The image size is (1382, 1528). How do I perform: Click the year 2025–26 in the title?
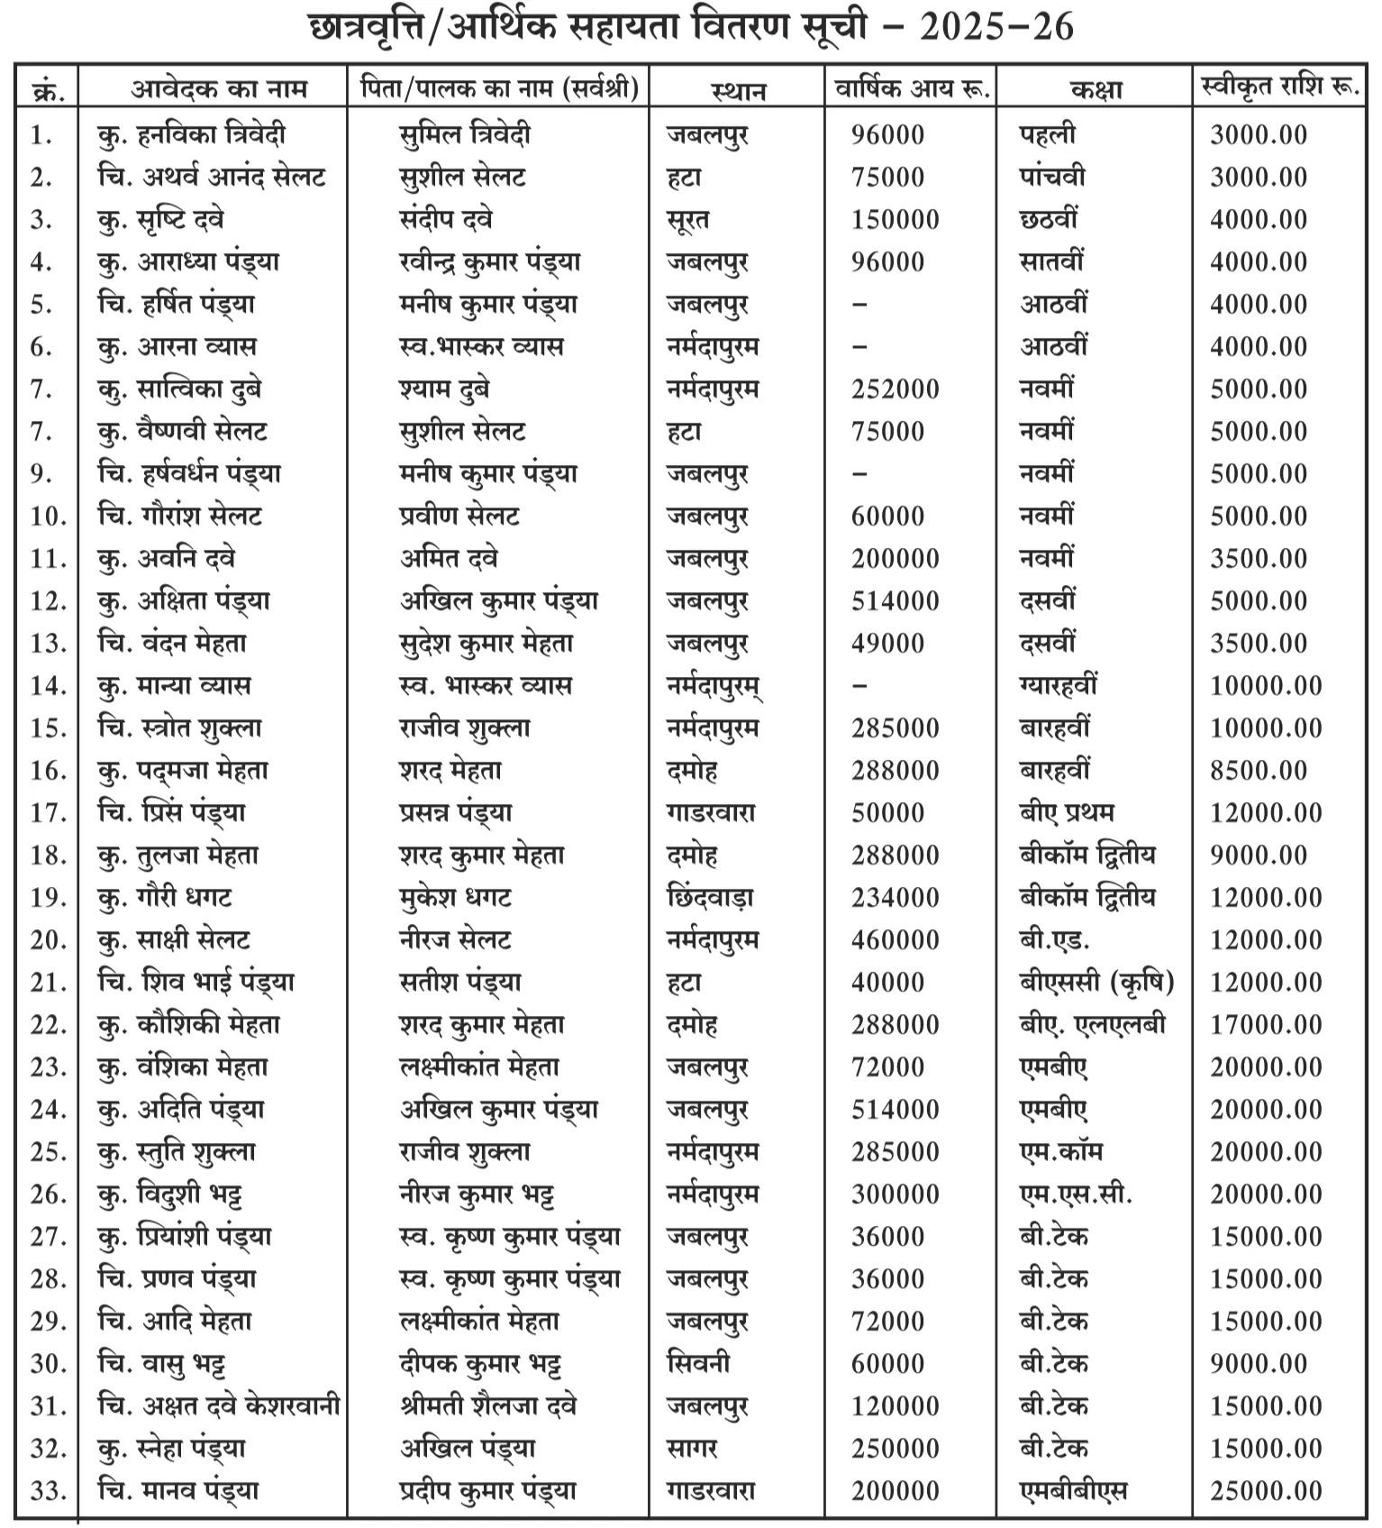coord(996,27)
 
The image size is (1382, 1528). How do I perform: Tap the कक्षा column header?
coord(1096,89)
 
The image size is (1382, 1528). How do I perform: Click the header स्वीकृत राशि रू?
coord(1280,87)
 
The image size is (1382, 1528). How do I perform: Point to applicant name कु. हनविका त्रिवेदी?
coord(191,135)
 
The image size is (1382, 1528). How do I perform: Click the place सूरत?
coord(687,220)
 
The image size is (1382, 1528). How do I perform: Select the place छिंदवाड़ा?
coord(709,898)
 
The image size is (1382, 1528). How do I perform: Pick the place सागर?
coord(691,1449)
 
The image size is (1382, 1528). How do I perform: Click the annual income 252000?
coord(895,389)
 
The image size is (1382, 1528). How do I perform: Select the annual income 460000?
coord(895,940)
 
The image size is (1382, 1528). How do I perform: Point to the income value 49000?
coord(887,644)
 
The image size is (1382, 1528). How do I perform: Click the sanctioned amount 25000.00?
coord(1266,1491)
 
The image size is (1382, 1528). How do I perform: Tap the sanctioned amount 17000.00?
coord(1266,1025)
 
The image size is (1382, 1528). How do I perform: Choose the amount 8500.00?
coord(1259,771)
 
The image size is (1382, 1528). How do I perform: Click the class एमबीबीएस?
coord(1072,1491)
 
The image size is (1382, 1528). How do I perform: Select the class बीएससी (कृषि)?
coord(1096,983)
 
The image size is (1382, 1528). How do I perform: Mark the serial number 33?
coord(48,1491)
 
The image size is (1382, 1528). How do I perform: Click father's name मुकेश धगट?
coord(455,898)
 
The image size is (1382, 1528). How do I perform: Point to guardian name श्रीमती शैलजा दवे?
coord(487,1406)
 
